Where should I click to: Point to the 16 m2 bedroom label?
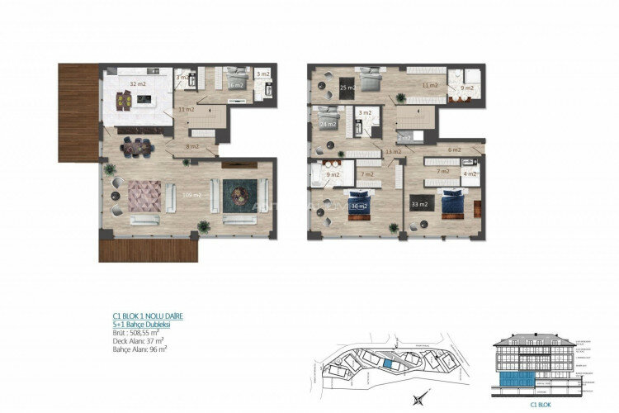pos(234,84)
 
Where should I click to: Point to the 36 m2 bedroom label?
pos(358,206)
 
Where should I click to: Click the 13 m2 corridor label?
pos(394,152)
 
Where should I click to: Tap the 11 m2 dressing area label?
pos(429,85)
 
